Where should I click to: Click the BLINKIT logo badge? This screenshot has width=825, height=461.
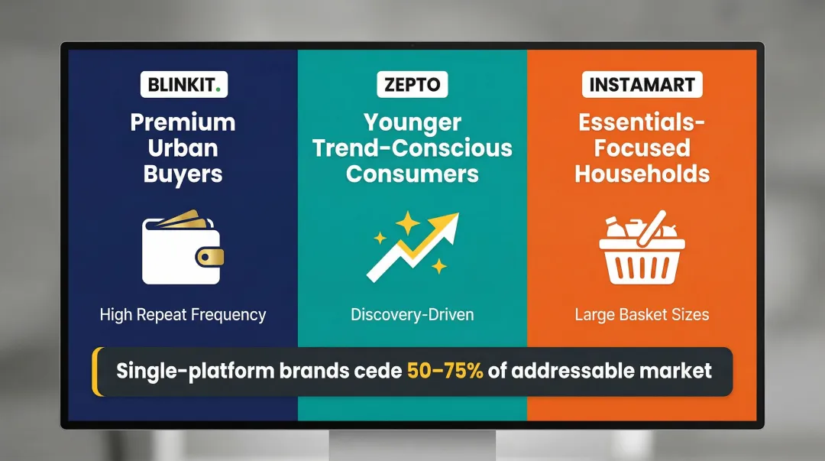pyautogui.click(x=183, y=84)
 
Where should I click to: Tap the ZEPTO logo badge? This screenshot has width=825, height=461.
pyautogui.click(x=412, y=84)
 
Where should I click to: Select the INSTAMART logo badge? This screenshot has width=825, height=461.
pyautogui.click(x=642, y=84)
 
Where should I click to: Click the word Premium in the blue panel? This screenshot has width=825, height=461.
pyautogui.click(x=183, y=122)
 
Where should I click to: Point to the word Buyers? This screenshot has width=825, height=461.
pyautogui.click(x=183, y=174)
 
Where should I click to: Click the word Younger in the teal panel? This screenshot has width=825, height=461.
pyautogui.click(x=412, y=122)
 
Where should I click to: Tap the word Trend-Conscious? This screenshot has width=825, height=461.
pyautogui.click(x=412, y=148)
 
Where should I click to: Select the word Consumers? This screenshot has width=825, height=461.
pyautogui.click(x=412, y=174)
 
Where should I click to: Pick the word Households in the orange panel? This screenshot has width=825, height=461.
pyautogui.click(x=642, y=174)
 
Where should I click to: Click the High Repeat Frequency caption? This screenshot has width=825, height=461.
pyautogui.click(x=183, y=314)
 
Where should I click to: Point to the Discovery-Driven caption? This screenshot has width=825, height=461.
pyautogui.click(x=412, y=314)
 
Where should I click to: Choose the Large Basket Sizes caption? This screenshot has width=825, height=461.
pyautogui.click(x=642, y=314)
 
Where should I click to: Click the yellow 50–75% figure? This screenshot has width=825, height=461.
pyautogui.click(x=445, y=372)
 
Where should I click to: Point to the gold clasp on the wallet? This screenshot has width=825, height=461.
pyautogui.click(x=209, y=257)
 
